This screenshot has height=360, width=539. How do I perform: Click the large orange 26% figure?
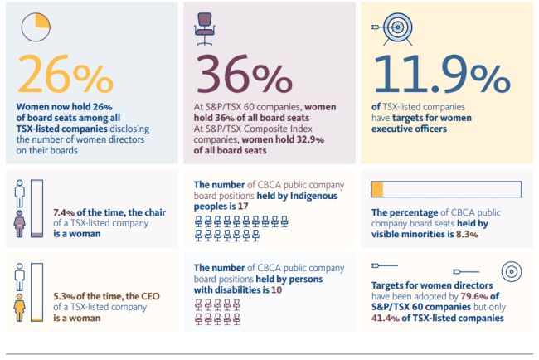pyautogui.click(x=65, y=75)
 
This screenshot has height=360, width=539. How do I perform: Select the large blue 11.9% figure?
pyautogui.click(x=440, y=75)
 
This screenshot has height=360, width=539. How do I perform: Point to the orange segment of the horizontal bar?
pyautogui.click(x=377, y=190)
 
